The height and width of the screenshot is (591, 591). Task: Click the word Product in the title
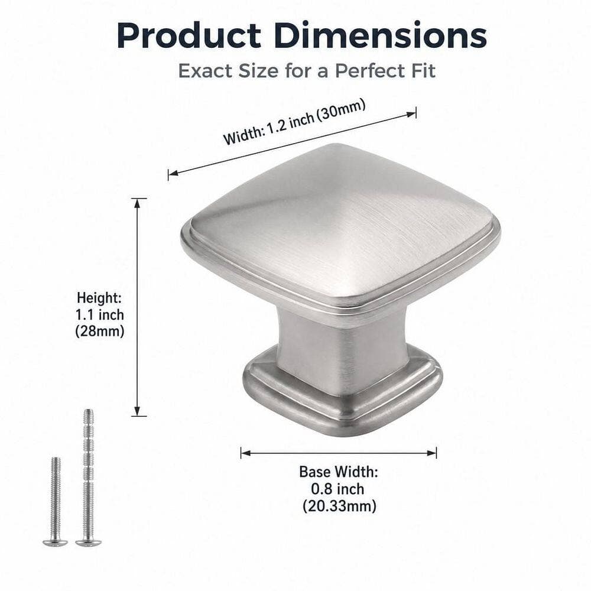tap(189, 35)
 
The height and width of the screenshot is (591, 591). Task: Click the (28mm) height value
tap(99, 332)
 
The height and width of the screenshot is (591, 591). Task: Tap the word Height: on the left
tap(99, 298)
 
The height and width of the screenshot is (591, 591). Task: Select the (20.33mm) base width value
tap(339, 505)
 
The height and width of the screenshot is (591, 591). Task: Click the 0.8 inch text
tap(337, 489)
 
